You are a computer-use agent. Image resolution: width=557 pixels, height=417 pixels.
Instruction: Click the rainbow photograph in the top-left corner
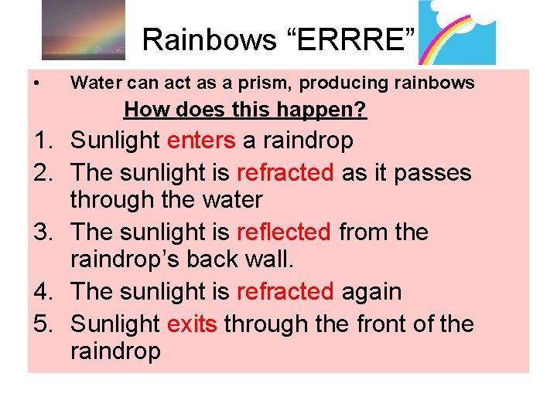[x=83, y=31]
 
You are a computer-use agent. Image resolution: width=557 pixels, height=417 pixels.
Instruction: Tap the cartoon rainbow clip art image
[x=456, y=32]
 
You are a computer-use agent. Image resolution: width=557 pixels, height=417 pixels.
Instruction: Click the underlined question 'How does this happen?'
[x=245, y=110]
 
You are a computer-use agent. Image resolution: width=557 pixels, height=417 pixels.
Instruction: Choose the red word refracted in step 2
[x=285, y=171]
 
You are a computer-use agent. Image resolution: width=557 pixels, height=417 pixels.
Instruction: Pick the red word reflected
[x=284, y=232]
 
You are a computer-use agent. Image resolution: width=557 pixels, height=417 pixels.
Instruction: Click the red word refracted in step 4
[x=285, y=292]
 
